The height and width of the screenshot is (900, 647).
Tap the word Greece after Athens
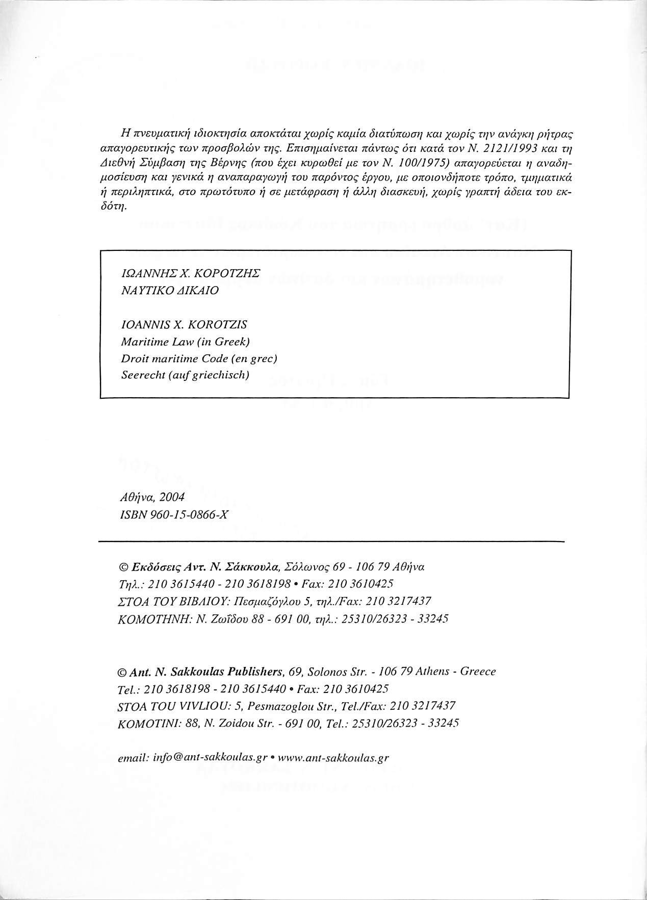(x=478, y=672)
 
